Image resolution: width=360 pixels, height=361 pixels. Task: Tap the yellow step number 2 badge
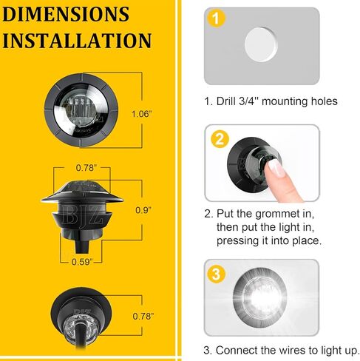[x=219, y=138]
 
